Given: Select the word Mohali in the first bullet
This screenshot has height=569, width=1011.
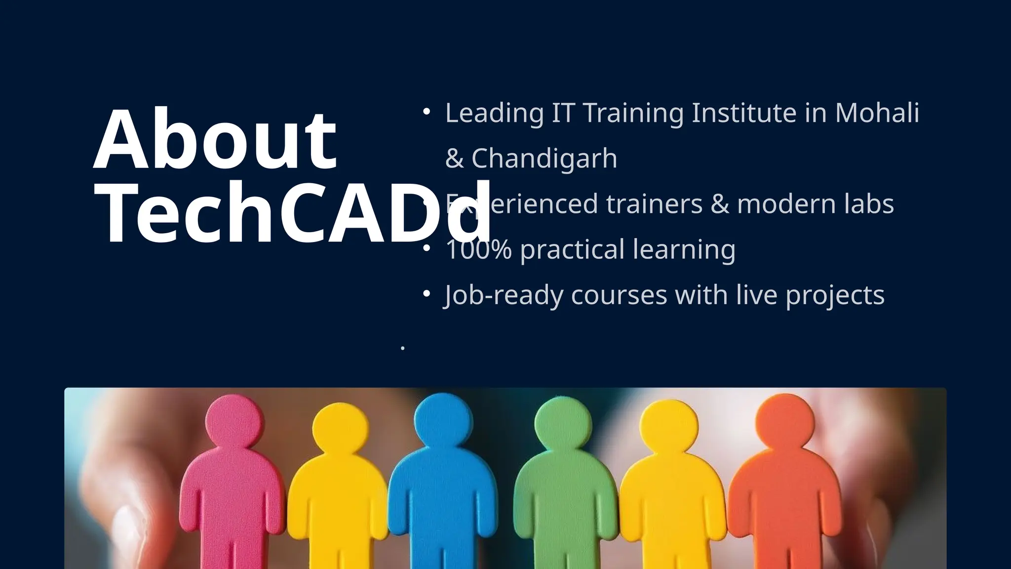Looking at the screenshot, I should [x=877, y=113].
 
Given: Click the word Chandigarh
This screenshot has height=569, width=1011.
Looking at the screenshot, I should [x=544, y=159].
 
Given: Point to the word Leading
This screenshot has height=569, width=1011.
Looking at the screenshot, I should [x=494, y=114].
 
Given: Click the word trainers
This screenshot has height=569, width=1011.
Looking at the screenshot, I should [x=654, y=203].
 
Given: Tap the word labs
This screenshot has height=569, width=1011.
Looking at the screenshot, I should [x=869, y=203].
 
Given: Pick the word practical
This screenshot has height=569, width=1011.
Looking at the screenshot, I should [x=572, y=250].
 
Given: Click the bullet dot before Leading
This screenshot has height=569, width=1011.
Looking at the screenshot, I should [x=427, y=112].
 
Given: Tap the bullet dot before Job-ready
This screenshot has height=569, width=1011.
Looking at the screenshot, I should [x=427, y=294].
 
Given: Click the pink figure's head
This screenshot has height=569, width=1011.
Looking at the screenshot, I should [x=234, y=422].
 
